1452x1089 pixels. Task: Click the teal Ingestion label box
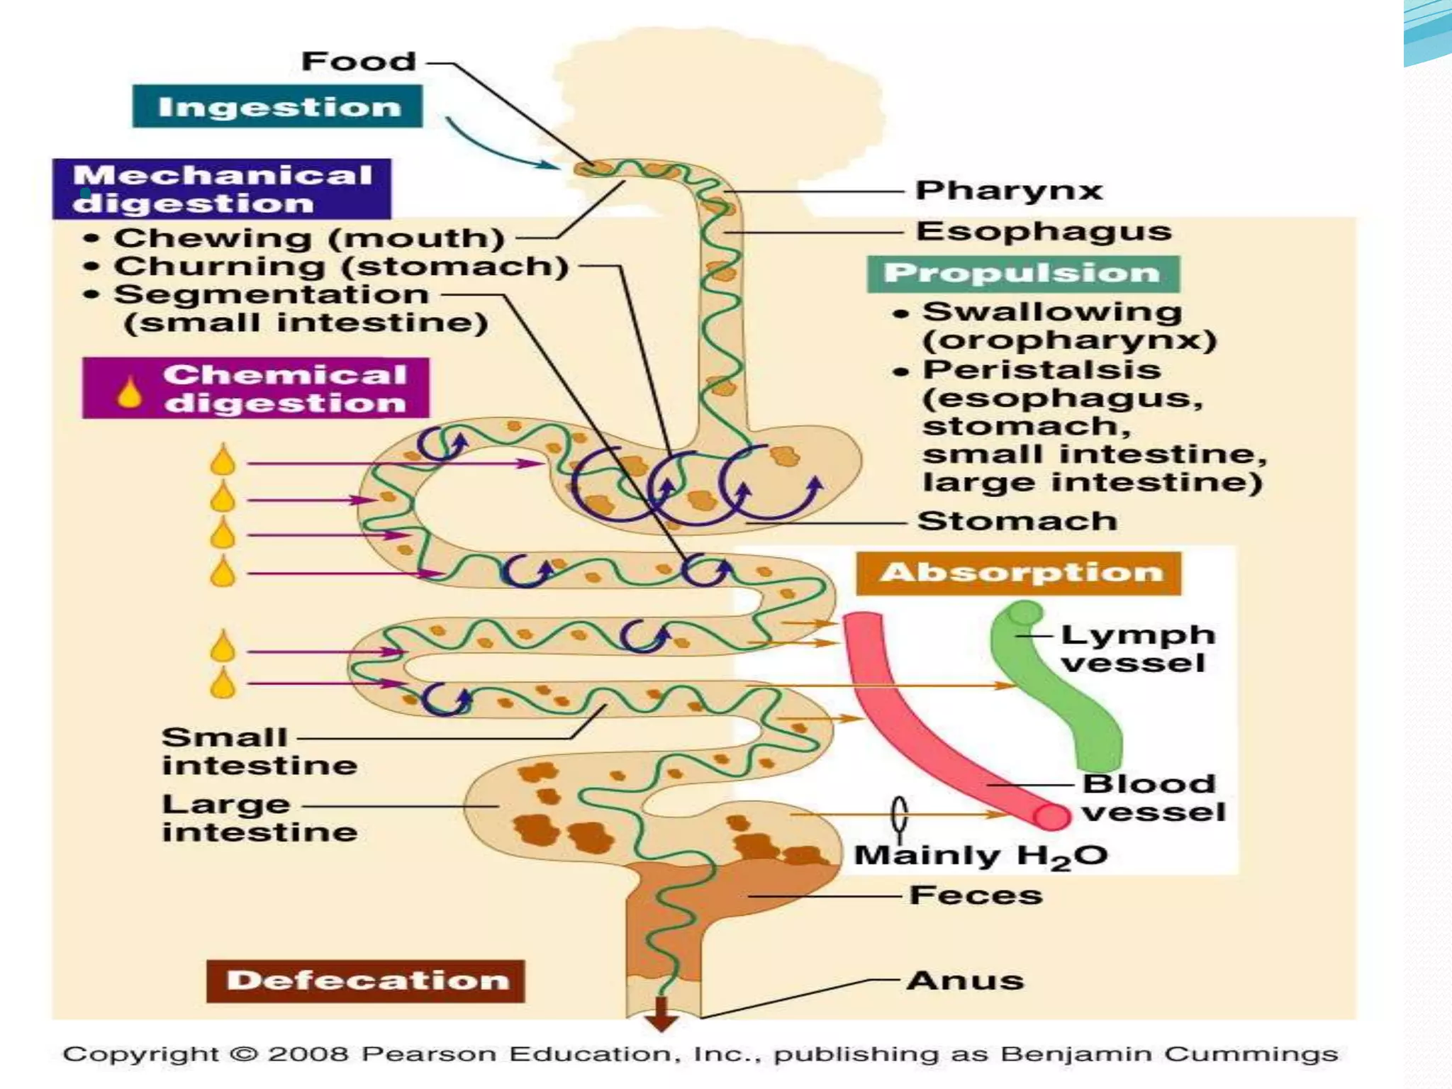[277, 106]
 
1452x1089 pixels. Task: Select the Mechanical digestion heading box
[221, 189]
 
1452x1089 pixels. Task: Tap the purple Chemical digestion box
[256, 389]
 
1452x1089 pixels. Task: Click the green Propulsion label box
[1023, 274]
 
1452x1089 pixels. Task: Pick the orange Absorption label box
[1020, 573]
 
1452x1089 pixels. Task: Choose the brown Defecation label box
[366, 981]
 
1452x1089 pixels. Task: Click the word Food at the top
[359, 61]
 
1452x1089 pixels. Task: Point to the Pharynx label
[1009, 190]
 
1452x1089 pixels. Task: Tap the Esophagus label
[1043, 231]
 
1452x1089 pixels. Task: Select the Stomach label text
[1017, 521]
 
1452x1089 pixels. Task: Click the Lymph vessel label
[1137, 649]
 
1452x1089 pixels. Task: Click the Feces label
[976, 895]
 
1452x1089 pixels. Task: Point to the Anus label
[965, 981]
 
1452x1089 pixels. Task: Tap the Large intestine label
[259, 818]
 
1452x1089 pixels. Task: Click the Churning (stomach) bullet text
[341, 267]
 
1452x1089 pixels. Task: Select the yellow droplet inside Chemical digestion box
[129, 392]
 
